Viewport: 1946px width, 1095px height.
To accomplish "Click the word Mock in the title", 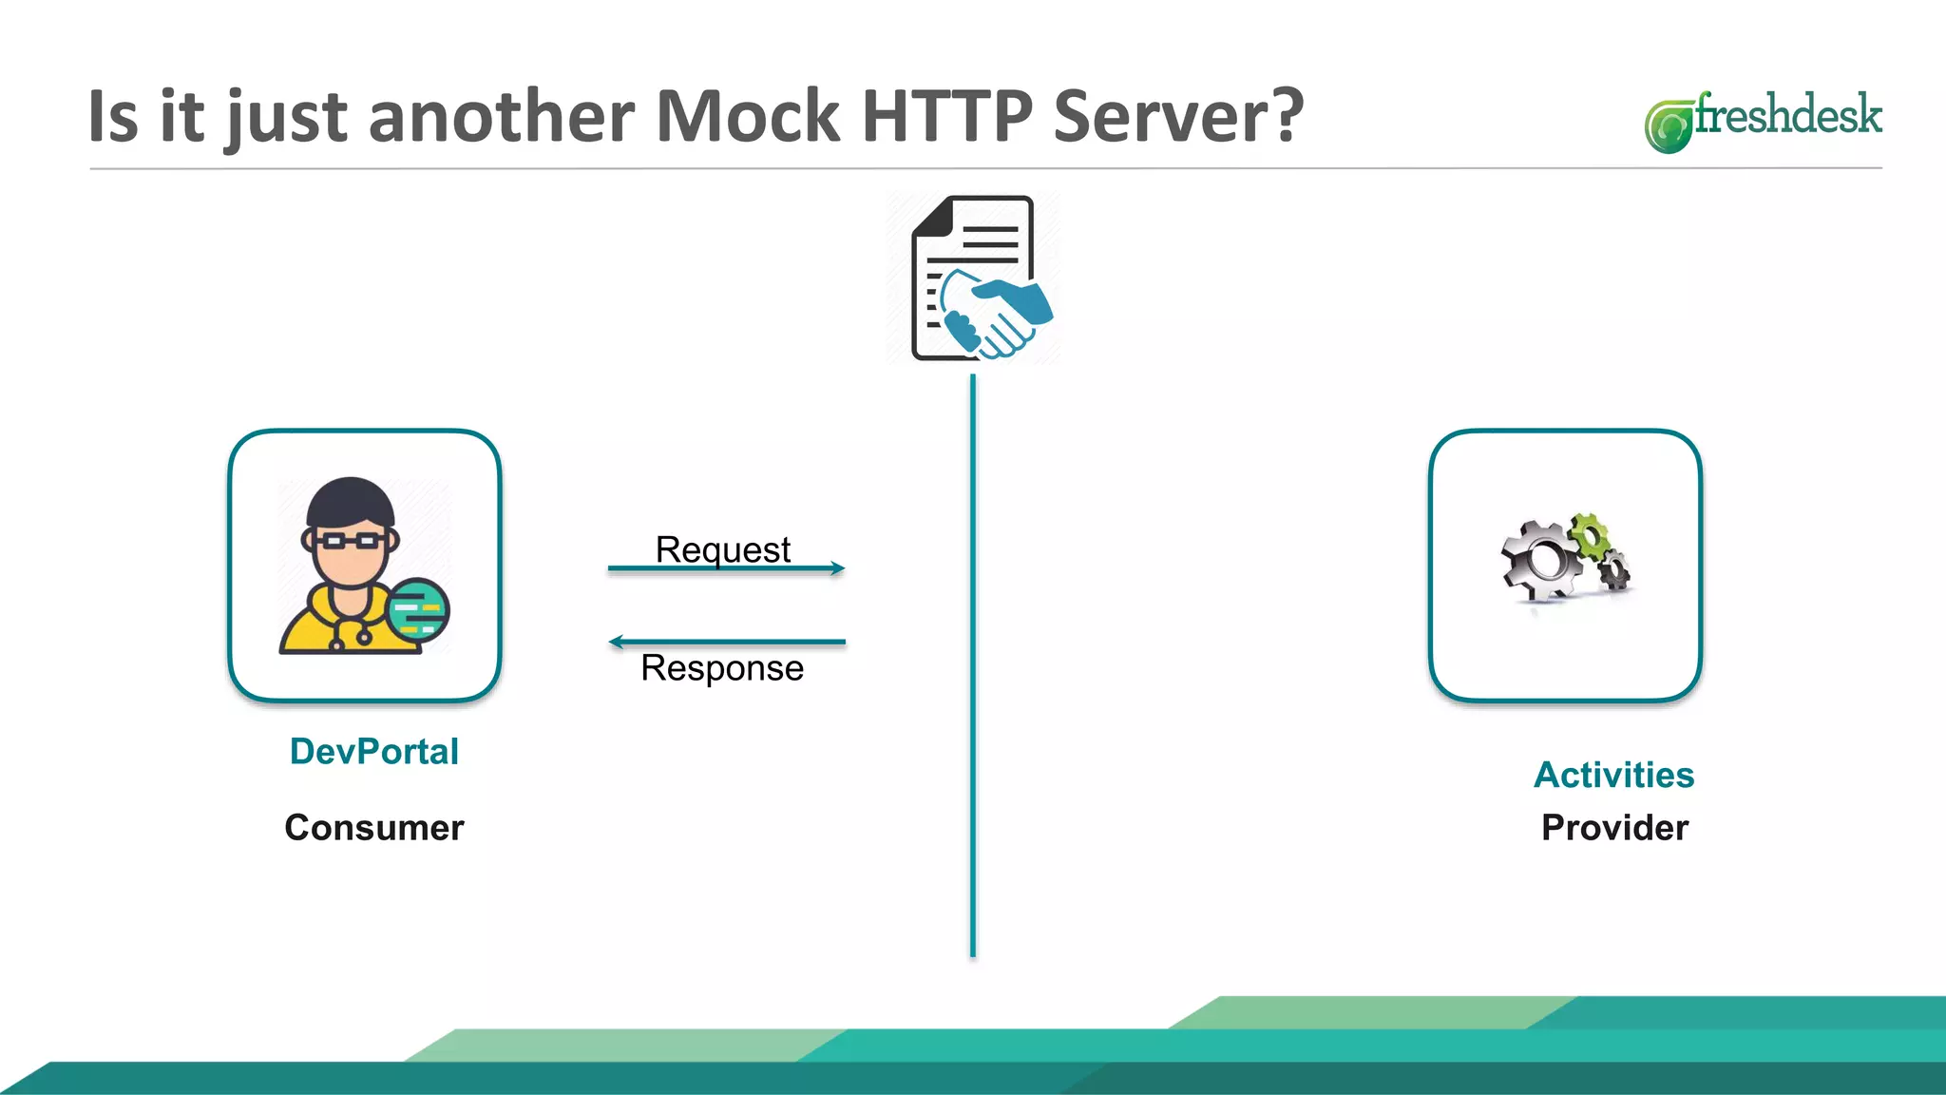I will (748, 116).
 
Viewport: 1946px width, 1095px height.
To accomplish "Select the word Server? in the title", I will (1178, 116).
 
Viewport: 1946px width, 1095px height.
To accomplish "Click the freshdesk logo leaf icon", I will (1669, 125).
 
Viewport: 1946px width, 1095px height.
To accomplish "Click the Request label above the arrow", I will (722, 548).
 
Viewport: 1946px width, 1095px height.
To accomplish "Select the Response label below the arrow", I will (722, 667).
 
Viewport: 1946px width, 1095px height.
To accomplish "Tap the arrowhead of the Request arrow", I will (837, 568).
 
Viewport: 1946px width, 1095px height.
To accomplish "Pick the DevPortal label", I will (373, 751).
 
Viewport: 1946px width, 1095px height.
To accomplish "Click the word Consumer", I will (373, 827).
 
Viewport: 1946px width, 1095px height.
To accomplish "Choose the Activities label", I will (1613, 775).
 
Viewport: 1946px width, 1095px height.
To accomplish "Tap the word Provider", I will (1613, 827).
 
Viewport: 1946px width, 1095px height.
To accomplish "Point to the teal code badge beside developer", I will (418, 609).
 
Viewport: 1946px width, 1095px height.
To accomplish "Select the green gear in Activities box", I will (1590, 534).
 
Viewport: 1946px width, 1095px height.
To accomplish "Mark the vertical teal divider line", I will (972, 665).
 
